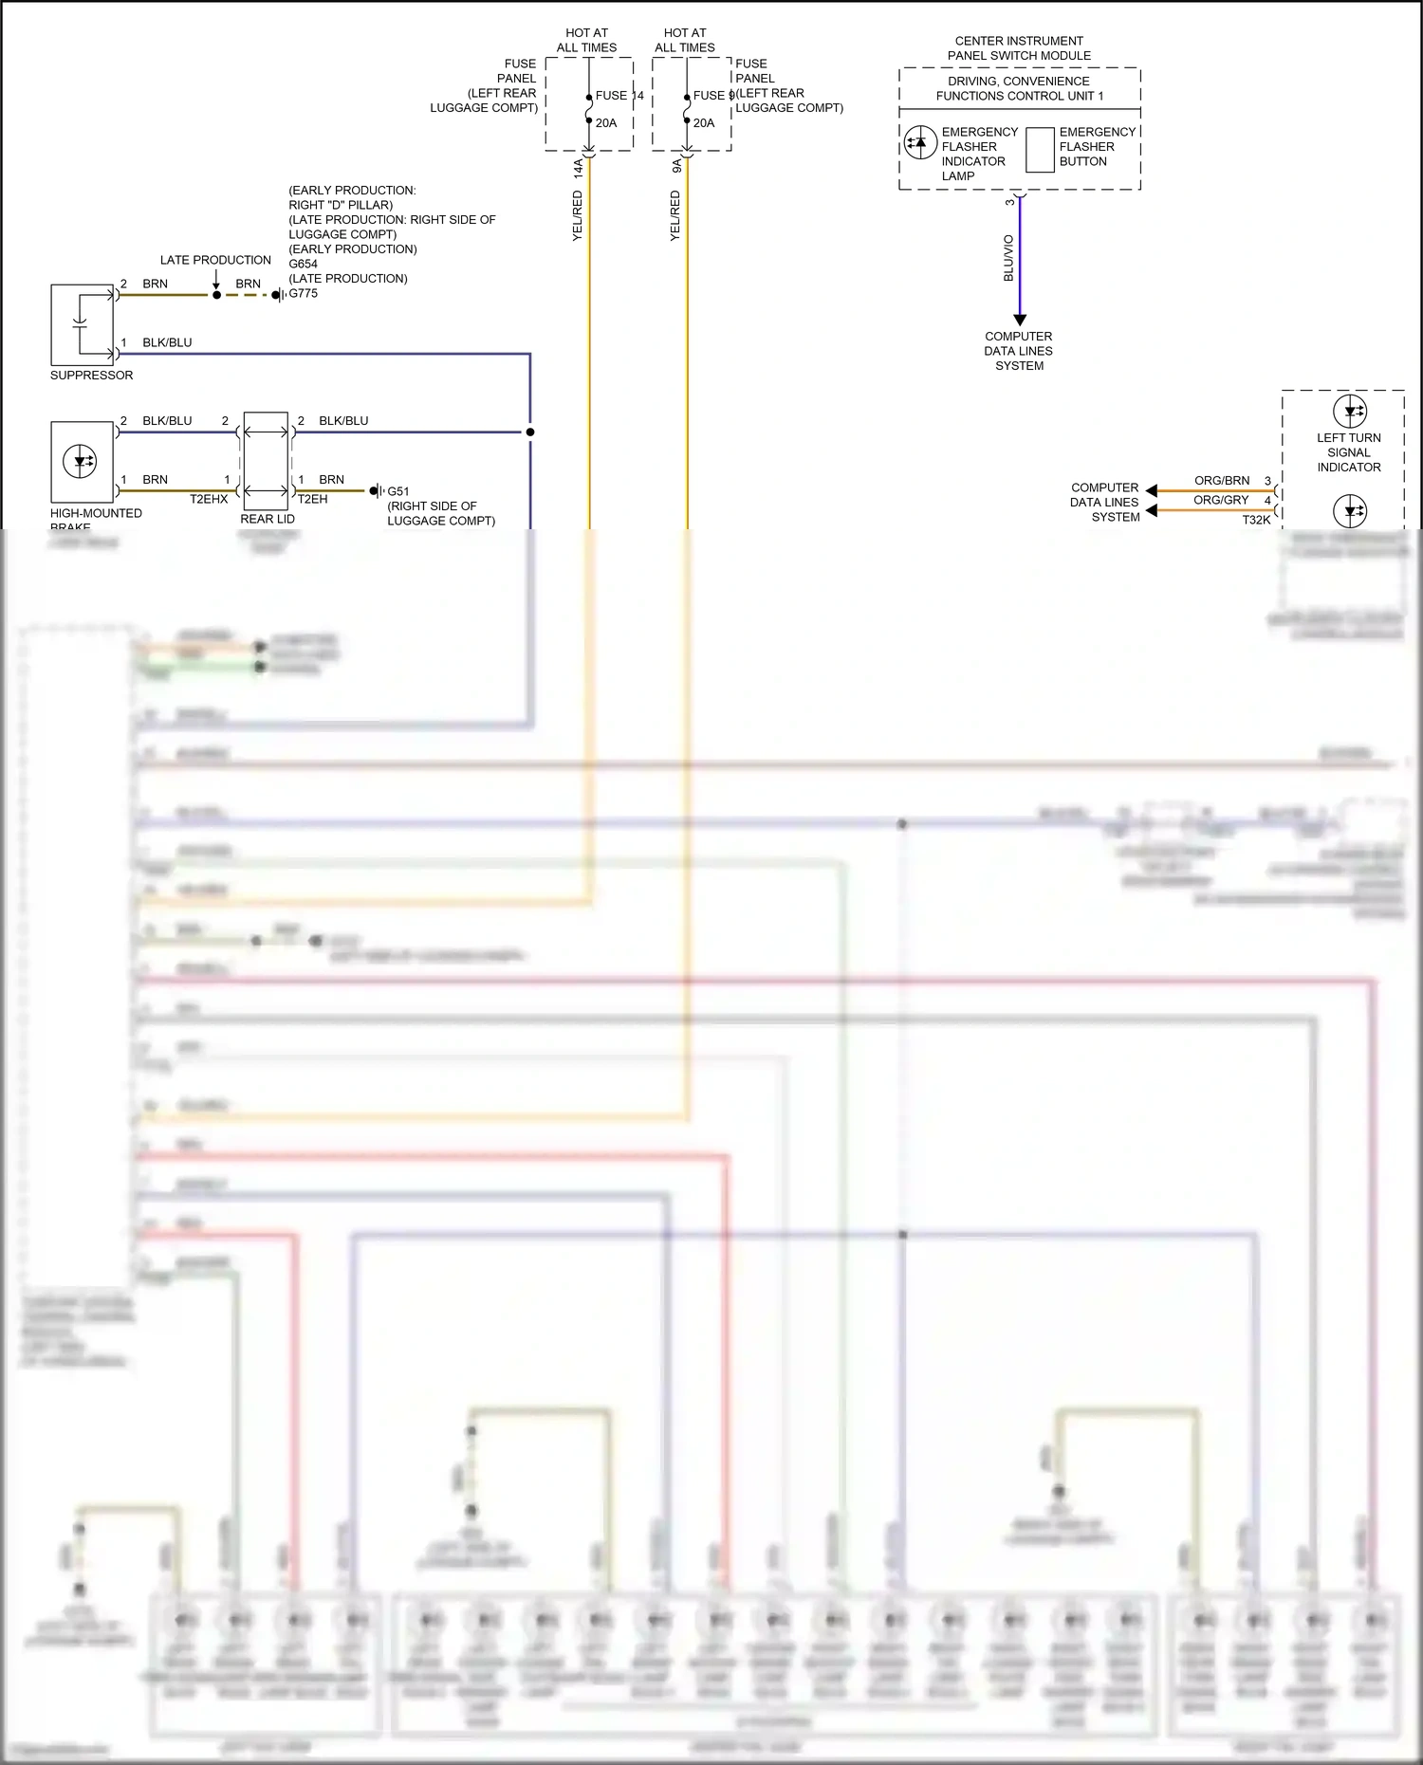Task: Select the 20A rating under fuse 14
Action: [606, 123]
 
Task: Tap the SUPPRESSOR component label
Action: [91, 376]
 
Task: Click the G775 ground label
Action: [304, 294]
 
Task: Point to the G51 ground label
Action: [398, 491]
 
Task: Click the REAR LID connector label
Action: [268, 519]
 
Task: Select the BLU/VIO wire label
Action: [1008, 258]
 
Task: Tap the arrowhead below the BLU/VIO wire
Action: [1020, 320]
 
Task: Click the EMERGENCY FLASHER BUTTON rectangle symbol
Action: [1040, 150]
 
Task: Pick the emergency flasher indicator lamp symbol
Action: [919, 143]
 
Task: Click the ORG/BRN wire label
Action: [1222, 481]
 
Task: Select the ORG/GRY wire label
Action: [1221, 500]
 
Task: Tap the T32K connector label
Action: [1256, 520]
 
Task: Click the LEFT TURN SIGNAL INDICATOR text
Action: [1348, 452]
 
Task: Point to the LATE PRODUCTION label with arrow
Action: [215, 260]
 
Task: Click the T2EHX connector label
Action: [209, 499]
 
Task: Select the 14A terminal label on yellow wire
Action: [578, 169]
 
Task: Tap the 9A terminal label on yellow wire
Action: [676, 166]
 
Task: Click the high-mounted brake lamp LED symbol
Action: [80, 462]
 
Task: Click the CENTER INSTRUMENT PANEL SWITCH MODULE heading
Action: [1019, 48]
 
